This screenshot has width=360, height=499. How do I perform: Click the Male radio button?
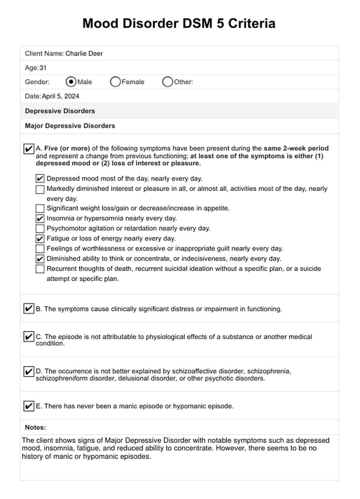pyautogui.click(x=71, y=82)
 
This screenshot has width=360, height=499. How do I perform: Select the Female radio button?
pyautogui.click(x=115, y=82)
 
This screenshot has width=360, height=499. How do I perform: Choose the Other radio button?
pyautogui.click(x=167, y=82)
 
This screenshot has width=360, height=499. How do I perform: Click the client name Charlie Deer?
pyautogui.click(x=84, y=54)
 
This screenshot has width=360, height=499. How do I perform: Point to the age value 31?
pyautogui.click(x=43, y=68)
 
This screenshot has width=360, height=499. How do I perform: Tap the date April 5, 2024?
pyautogui.click(x=61, y=96)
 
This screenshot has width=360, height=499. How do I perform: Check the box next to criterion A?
pyautogui.click(x=28, y=149)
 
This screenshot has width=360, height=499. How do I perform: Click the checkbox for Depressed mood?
pyautogui.click(x=40, y=178)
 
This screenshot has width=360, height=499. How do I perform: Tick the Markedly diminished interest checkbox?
pyautogui.click(x=40, y=189)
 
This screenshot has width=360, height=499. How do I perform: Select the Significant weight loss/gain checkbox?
pyautogui.click(x=40, y=208)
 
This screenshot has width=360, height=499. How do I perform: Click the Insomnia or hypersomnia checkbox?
pyautogui.click(x=40, y=219)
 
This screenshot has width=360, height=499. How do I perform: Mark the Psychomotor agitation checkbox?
pyautogui.click(x=40, y=229)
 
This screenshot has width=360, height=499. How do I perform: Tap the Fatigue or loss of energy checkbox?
pyautogui.click(x=40, y=239)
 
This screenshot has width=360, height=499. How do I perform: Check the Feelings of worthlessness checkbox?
pyautogui.click(x=40, y=249)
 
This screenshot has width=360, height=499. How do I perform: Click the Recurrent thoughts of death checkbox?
pyautogui.click(x=40, y=269)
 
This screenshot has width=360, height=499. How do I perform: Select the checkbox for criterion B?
pyautogui.click(x=28, y=309)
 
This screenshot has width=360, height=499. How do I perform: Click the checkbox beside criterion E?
pyautogui.click(x=28, y=406)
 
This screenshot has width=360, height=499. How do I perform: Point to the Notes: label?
pyautogui.click(x=36, y=427)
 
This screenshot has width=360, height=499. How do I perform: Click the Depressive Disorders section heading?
pyautogui.click(x=60, y=111)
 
